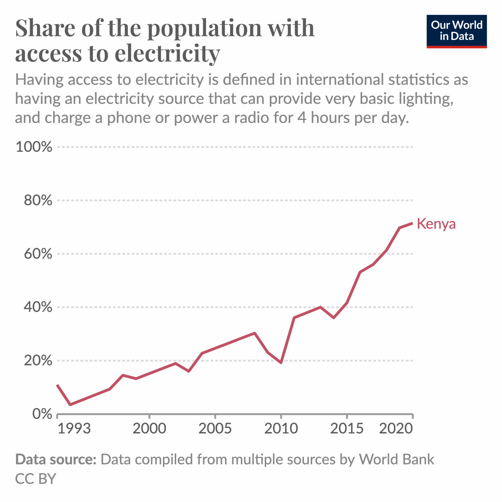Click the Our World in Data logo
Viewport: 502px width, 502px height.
(x=456, y=31)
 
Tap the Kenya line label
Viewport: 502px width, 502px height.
(x=436, y=224)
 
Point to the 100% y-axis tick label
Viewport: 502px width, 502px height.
(x=34, y=147)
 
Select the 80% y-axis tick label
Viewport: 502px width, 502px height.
(x=38, y=200)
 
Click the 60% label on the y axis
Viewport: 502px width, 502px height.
(x=38, y=254)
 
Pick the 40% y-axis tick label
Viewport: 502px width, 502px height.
(x=38, y=307)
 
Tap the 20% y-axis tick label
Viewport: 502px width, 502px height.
(x=38, y=361)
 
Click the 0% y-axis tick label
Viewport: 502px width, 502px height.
(x=42, y=414)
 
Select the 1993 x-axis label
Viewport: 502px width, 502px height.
(x=74, y=428)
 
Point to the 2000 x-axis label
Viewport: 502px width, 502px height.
(x=149, y=428)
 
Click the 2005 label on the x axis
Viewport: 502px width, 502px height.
(x=215, y=428)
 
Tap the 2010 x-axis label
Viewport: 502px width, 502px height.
(x=281, y=428)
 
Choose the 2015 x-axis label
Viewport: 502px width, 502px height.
(x=347, y=428)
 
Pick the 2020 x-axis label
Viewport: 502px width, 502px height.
(x=396, y=428)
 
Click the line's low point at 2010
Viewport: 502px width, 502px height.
(x=281, y=362)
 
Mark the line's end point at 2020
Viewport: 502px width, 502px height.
(x=412, y=223)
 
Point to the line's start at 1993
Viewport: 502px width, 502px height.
(x=58, y=385)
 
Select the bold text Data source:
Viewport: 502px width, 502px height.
(x=56, y=460)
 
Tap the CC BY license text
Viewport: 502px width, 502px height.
(x=36, y=479)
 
